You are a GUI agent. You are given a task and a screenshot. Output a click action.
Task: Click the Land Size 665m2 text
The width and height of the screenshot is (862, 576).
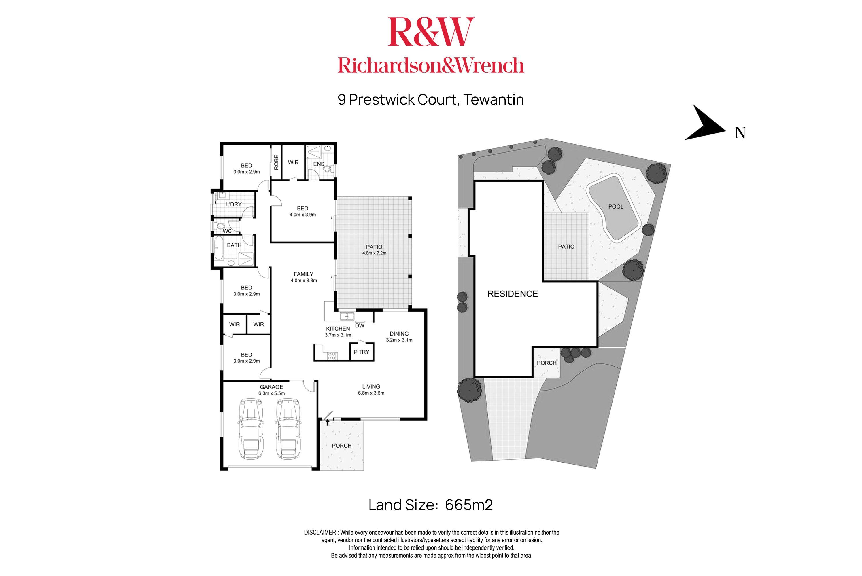coord(431,505)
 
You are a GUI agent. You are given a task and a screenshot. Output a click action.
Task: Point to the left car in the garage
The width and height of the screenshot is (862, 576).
coord(251,429)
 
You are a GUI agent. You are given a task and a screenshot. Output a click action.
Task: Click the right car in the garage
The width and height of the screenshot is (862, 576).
coord(288,429)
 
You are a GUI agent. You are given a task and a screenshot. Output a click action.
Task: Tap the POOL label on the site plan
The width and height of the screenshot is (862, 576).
coord(616,207)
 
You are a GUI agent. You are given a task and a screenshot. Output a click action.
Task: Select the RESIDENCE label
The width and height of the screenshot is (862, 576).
coord(513,294)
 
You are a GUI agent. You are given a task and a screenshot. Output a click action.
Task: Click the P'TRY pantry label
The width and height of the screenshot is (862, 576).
coord(362,352)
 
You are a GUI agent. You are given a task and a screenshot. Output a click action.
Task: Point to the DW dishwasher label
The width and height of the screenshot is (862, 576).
coord(360,325)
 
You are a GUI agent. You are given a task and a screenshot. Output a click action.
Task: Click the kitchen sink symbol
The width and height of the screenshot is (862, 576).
coord(347,316)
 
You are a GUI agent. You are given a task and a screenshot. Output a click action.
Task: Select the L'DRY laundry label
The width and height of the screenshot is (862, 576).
coord(234,204)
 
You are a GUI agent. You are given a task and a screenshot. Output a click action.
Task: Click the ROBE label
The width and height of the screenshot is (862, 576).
coord(276,162)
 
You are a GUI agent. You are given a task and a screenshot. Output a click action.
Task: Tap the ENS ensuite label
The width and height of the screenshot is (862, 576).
coord(319,164)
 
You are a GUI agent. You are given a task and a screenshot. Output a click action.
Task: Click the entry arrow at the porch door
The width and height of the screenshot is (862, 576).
coord(327,422)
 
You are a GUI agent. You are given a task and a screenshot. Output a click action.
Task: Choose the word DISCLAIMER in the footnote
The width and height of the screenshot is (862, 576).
coord(320,532)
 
